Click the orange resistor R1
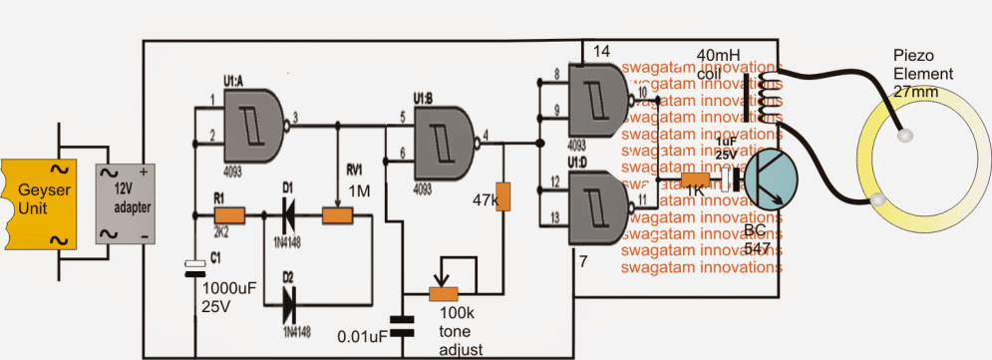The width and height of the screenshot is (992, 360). coord(230,213)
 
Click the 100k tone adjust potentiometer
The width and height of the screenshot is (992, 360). coord(442,293)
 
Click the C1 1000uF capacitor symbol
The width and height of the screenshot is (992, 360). coord(193,267)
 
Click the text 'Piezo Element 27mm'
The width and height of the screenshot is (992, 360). coord(924,74)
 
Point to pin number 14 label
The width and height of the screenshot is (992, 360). coord(600,49)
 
